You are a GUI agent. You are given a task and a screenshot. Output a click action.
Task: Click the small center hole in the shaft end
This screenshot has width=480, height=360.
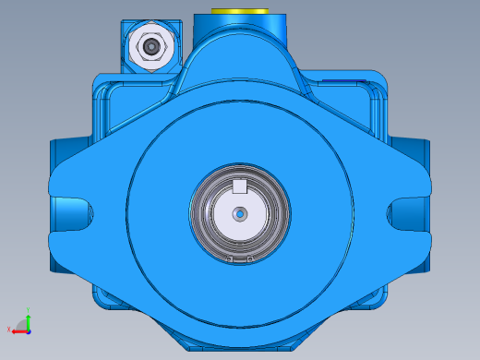(x=240, y=214)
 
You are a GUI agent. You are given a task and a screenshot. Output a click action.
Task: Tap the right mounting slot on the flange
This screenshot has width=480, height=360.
(x=407, y=214)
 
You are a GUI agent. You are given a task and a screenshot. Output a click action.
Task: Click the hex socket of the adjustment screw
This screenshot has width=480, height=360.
(x=150, y=45)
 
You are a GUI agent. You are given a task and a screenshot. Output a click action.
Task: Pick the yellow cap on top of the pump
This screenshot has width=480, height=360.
(x=239, y=11)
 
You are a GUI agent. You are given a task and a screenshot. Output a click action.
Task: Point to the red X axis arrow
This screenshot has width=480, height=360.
(x=18, y=330)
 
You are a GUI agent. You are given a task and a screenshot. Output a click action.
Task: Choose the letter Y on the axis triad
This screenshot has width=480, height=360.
(x=29, y=310)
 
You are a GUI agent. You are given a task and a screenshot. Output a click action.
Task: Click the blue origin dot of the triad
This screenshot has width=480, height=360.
(x=28, y=329)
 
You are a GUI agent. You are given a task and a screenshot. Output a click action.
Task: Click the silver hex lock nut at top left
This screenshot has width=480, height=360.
(x=150, y=45)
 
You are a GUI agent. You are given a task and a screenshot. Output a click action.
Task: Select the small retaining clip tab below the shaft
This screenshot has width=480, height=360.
(x=240, y=259)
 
